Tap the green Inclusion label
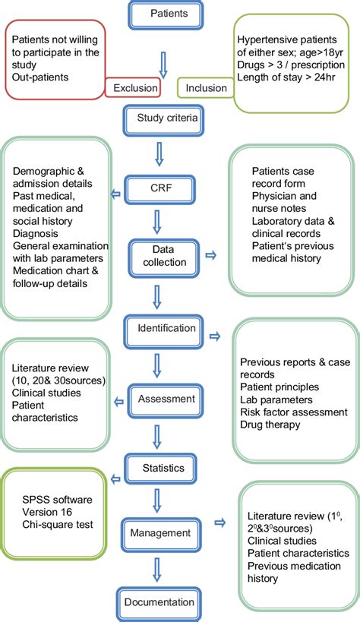coord(206,88)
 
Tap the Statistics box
coord(163,468)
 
